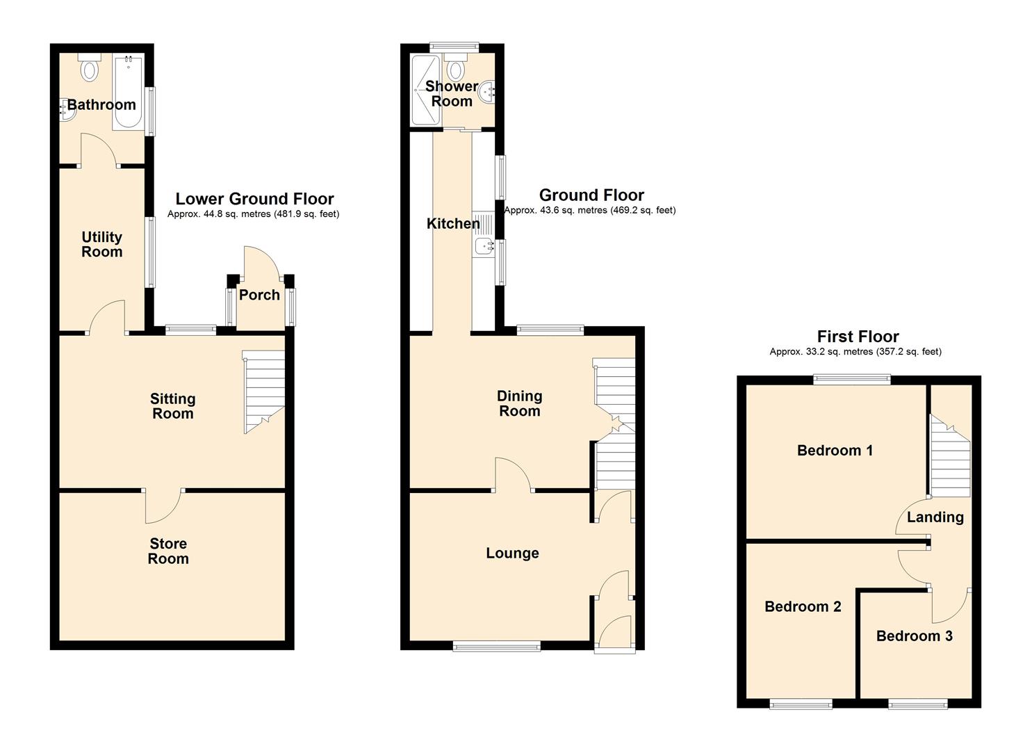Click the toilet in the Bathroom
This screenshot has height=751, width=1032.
pyautogui.click(x=90, y=67)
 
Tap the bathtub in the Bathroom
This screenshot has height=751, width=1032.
pyautogui.click(x=129, y=91)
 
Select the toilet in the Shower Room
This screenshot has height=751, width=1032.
pyautogui.click(x=456, y=67)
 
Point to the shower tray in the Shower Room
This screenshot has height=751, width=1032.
pyautogui.click(x=426, y=90)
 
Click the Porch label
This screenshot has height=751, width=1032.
pyautogui.click(x=259, y=295)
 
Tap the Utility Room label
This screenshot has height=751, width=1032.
pyautogui.click(x=102, y=244)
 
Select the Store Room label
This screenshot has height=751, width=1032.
pyautogui.click(x=168, y=551)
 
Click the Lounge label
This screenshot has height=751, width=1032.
pyautogui.click(x=512, y=553)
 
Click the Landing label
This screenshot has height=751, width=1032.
pyautogui.click(x=935, y=517)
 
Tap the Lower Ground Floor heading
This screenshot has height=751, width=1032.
pyautogui.click(x=254, y=199)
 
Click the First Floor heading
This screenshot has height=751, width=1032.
pyautogui.click(x=858, y=336)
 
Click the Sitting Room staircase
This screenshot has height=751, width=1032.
pyautogui.click(x=263, y=392)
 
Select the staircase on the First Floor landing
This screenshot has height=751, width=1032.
pyautogui.click(x=951, y=455)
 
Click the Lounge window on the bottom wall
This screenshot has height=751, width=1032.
pyautogui.click(x=497, y=647)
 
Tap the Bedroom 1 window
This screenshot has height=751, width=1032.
pyautogui.click(x=852, y=379)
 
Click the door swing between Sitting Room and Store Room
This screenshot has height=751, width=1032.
pyautogui.click(x=165, y=506)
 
